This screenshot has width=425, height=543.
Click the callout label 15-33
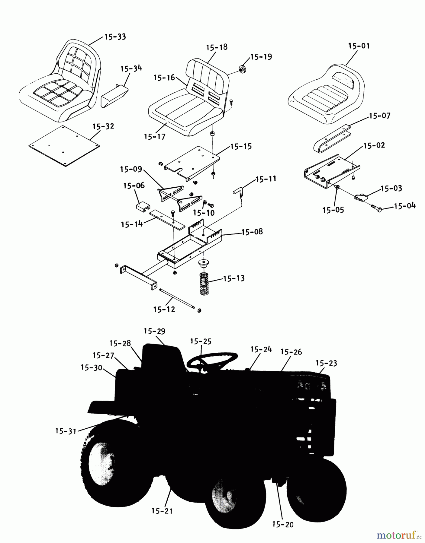click(x=115, y=37)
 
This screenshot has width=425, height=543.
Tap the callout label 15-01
click(x=359, y=46)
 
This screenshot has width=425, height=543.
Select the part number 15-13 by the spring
click(x=234, y=278)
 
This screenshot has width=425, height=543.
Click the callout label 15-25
click(x=201, y=341)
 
